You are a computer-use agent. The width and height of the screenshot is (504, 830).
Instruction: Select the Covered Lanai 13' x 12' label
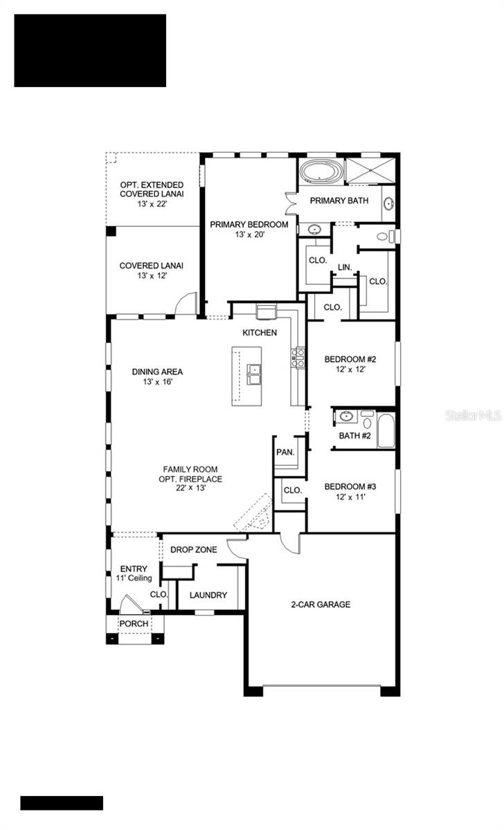click(151, 270)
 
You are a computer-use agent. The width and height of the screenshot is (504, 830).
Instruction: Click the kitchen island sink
click(254, 374)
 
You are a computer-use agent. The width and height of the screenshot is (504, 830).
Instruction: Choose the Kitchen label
click(260, 333)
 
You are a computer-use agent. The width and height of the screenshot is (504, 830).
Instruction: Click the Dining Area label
click(157, 376)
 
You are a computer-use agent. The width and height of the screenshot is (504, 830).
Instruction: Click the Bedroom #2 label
click(350, 364)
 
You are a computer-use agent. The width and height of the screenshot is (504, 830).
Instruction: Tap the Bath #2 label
click(355, 436)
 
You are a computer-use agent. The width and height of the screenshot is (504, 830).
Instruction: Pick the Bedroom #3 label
click(350, 491)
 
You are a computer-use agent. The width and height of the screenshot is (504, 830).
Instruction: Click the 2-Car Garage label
click(320, 604)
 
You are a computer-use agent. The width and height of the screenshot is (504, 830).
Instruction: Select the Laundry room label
click(208, 595)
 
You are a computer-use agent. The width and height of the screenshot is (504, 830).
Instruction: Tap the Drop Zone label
click(194, 550)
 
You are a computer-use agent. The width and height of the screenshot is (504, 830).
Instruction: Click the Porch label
click(133, 623)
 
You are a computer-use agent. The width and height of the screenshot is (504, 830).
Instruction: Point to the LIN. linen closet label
click(345, 267)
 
